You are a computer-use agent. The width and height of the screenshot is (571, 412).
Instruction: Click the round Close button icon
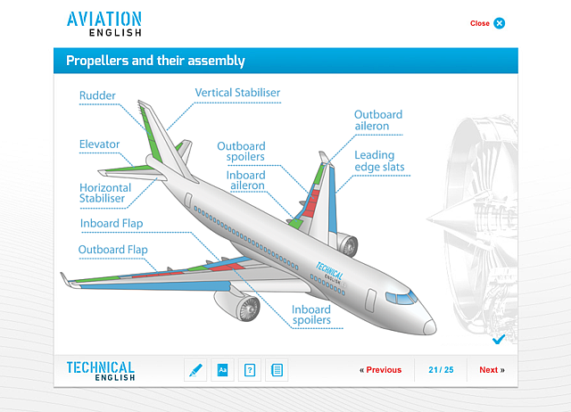point(500,23)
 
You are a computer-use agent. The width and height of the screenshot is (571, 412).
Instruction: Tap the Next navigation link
point(492,370)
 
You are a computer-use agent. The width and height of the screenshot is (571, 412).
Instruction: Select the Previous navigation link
point(381,370)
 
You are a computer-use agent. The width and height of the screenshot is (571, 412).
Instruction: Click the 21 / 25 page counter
point(441,370)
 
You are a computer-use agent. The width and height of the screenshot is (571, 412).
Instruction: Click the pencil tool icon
point(195,370)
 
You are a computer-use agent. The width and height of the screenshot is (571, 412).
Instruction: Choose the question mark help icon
point(250,370)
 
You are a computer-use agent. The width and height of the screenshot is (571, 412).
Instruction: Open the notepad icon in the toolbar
point(277,370)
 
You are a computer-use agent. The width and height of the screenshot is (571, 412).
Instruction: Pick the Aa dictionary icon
point(222,370)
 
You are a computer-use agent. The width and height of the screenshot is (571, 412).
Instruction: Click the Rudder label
point(97,95)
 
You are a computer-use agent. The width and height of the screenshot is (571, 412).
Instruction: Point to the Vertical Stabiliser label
point(237,93)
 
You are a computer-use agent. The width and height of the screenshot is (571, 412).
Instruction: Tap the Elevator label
point(99,144)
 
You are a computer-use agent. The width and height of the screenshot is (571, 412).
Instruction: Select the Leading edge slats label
point(379,161)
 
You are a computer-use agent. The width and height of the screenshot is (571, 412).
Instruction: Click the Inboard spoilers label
point(311,315)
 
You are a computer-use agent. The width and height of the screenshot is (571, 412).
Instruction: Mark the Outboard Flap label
point(113,250)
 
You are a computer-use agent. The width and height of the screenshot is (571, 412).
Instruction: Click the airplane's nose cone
point(429,326)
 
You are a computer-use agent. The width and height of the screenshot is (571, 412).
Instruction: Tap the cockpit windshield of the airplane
point(402,298)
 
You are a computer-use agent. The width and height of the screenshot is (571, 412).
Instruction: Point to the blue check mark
point(499,339)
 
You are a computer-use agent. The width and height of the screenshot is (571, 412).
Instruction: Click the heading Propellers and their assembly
point(155,61)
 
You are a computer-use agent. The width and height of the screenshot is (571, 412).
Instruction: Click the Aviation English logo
point(104,24)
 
